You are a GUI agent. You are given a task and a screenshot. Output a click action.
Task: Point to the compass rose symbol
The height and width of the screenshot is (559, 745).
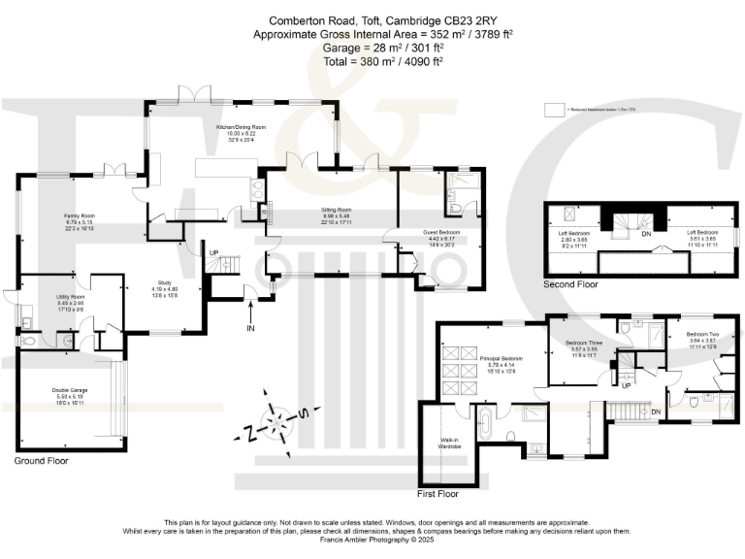[277, 422]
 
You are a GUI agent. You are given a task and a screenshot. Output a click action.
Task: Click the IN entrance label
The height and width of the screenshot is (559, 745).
[251, 327]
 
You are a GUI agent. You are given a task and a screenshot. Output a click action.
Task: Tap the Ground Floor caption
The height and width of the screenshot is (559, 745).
[41, 461]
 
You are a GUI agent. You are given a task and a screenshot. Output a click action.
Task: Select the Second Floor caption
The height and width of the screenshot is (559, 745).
[571, 284]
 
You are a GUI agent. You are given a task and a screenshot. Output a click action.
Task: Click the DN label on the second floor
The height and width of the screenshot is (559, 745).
[645, 233]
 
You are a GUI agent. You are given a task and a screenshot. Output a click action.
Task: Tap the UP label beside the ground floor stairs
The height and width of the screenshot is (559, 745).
[214, 253]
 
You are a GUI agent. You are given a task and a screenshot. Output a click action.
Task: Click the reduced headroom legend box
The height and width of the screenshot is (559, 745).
[554, 110]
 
